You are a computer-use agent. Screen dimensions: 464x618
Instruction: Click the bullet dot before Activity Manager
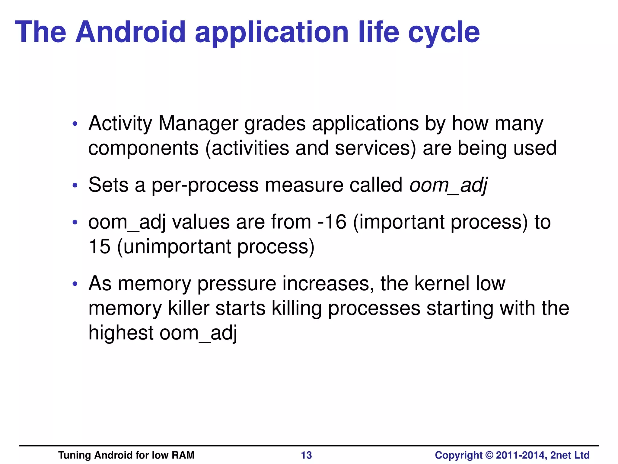[75, 124]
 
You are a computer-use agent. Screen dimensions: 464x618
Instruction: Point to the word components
[143, 149]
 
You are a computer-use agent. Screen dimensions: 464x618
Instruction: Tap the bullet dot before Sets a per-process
[75, 185]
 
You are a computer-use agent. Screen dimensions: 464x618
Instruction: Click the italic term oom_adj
[448, 185]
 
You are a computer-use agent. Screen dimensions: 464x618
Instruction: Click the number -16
[332, 222]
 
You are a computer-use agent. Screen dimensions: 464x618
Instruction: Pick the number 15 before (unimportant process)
[99, 246]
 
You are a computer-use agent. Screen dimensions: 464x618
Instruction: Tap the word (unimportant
[174, 247]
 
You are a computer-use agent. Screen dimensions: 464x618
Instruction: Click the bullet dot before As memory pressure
[75, 284]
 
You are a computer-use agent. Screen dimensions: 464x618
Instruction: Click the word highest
[121, 333]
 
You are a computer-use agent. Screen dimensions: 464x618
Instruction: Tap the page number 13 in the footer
[306, 455]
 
